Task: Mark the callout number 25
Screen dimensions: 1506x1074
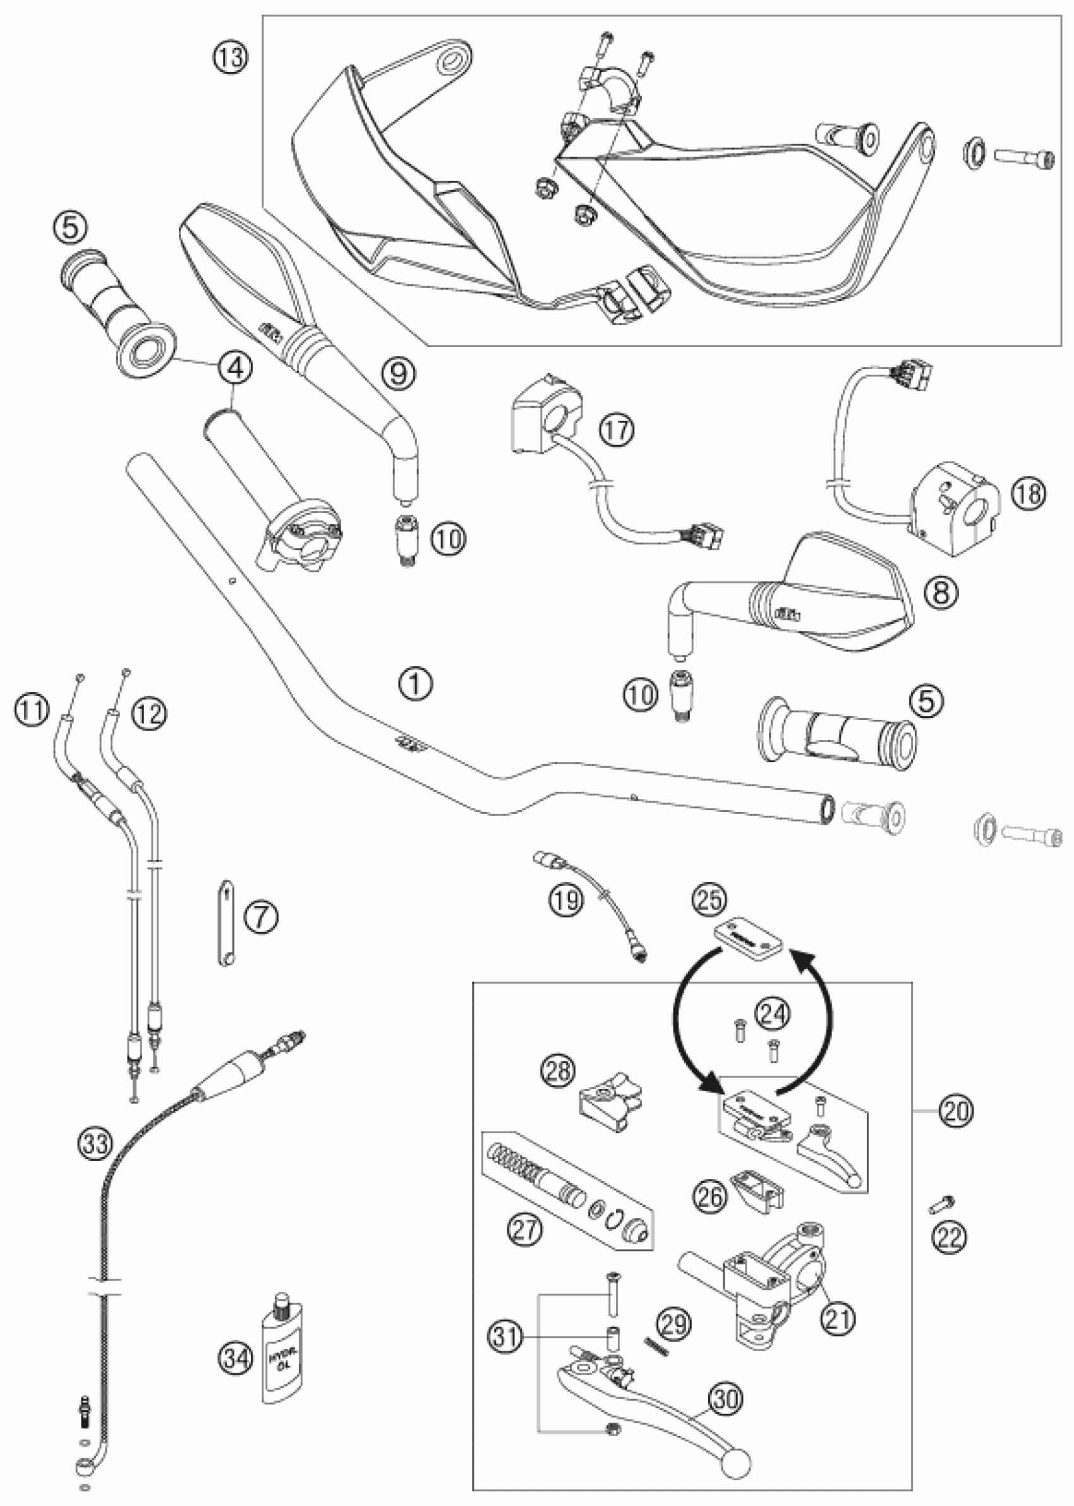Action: (709, 899)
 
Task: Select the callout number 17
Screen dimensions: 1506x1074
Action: (617, 430)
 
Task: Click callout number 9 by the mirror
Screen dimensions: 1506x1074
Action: (399, 373)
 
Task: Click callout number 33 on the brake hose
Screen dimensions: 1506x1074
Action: (95, 1141)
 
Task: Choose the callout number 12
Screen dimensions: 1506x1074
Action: (150, 713)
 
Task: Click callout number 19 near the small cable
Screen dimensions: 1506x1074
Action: (566, 899)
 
